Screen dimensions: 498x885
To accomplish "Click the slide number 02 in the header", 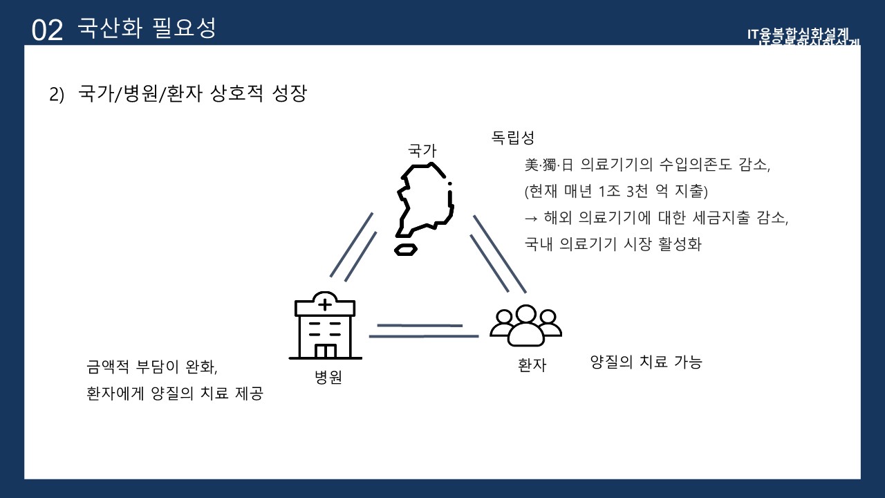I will pyautogui.click(x=47, y=30).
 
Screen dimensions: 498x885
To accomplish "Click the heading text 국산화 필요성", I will pyautogui.click(x=147, y=28).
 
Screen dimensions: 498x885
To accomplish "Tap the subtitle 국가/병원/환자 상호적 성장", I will pyautogui.click(x=192, y=94).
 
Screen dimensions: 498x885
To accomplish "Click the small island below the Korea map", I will pyautogui.click(x=405, y=249).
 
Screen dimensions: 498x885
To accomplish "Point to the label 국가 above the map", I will pyautogui.click(x=422, y=150).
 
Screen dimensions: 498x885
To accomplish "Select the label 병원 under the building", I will pyautogui.click(x=328, y=378).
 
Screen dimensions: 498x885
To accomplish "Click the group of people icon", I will pyautogui.click(x=525, y=324).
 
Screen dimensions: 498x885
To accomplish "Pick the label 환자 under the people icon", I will pyautogui.click(x=532, y=365).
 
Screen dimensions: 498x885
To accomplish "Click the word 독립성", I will pyautogui.click(x=513, y=138).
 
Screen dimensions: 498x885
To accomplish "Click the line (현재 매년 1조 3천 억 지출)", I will pyautogui.click(x=617, y=190).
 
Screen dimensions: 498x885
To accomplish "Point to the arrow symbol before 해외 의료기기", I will pyautogui.click(x=531, y=217).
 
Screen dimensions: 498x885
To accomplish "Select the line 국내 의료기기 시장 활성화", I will pyautogui.click(x=613, y=244).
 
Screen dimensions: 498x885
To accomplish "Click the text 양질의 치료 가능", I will pyautogui.click(x=646, y=362).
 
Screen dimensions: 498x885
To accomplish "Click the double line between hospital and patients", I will pyautogui.click(x=422, y=331).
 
